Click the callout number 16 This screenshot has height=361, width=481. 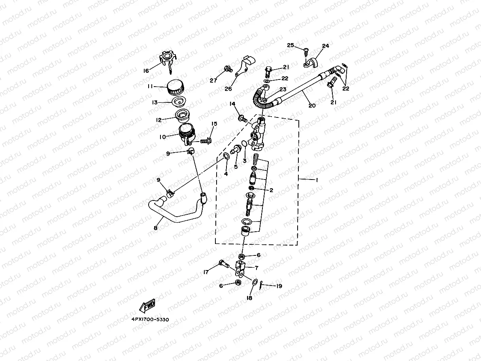click(146, 71)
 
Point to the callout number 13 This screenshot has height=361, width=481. click(155, 102)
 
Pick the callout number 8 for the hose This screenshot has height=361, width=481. click(155, 228)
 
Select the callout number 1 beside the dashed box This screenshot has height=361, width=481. click(316, 180)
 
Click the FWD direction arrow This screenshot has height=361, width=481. click(147, 306)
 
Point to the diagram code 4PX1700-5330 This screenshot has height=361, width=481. click(150, 319)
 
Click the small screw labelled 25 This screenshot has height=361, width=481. click(306, 50)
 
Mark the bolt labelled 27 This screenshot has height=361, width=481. click(228, 70)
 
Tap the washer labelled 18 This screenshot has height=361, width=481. click(255, 282)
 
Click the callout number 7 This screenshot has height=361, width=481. click(256, 268)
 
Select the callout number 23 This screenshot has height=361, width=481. click(283, 89)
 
